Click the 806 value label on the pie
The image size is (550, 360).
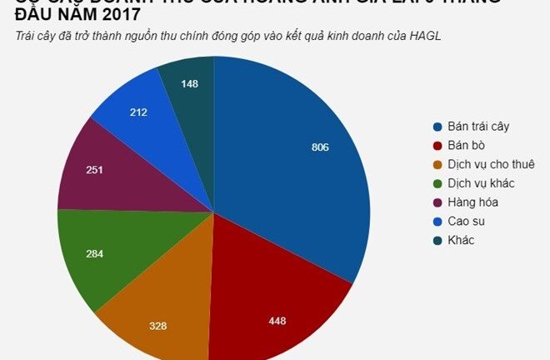pyautogui.click(x=320, y=147)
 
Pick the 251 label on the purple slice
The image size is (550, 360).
pyautogui.click(x=96, y=169)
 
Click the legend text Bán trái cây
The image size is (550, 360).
pyautogui.click(x=477, y=127)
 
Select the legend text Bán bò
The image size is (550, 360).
pyautogui.click(x=466, y=145)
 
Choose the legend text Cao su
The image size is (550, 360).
pyautogui.click(x=467, y=221)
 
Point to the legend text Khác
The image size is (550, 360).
pyautogui.click(x=462, y=240)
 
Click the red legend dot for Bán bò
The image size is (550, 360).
pyautogui.click(x=436, y=146)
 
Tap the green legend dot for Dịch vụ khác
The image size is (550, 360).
pyautogui.click(x=436, y=183)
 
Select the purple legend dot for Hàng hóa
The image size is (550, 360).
pyautogui.click(x=436, y=202)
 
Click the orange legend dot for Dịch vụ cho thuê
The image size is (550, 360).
pyautogui.click(x=436, y=164)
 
